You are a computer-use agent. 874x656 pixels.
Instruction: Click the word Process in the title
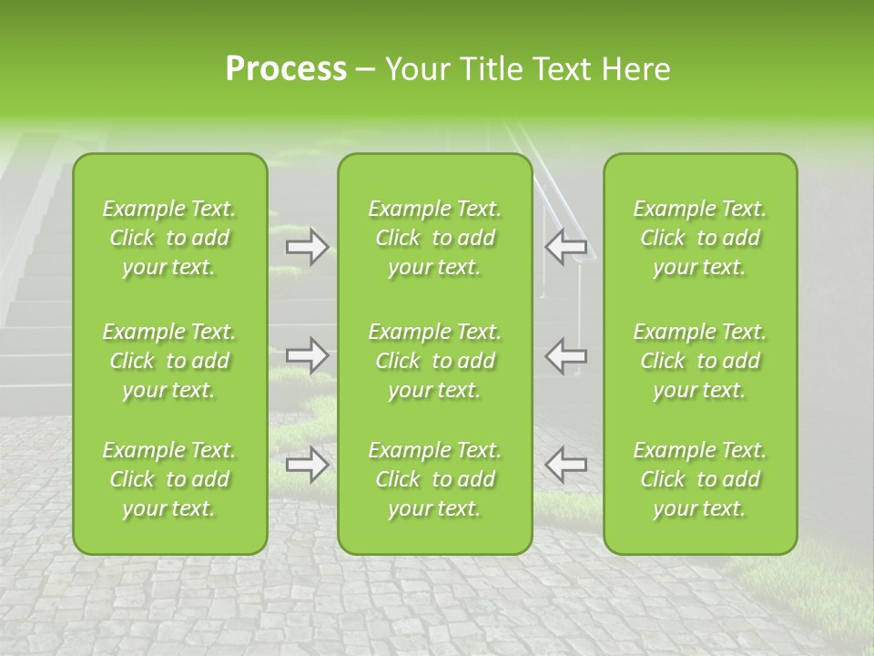[286, 69]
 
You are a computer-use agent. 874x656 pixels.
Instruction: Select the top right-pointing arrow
[307, 246]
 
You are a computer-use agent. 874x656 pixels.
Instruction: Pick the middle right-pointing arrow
[307, 355]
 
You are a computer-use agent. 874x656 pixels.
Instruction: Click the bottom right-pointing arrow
[307, 465]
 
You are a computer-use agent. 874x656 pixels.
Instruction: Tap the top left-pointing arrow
[566, 246]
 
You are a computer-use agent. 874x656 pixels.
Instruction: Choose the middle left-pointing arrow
[566, 355]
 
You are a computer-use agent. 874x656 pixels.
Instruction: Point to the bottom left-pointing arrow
[566, 465]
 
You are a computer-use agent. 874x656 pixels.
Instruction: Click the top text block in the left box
[169, 238]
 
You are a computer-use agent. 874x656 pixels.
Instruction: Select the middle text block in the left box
[169, 361]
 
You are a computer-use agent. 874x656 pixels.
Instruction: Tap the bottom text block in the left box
[169, 479]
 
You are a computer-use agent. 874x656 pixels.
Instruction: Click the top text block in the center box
[435, 238]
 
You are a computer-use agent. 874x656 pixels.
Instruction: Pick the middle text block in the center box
[435, 361]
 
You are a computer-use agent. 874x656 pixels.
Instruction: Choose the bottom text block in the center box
[435, 479]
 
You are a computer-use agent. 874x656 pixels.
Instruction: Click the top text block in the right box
[700, 238]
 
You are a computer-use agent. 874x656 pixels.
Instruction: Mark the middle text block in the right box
[700, 361]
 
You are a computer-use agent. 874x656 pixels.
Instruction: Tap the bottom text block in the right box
[700, 479]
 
